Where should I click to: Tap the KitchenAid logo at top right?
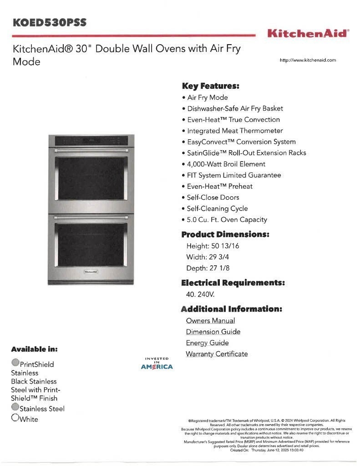pos(308,33)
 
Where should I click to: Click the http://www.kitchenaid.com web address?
pos(308,60)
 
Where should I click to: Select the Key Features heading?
pos(210,86)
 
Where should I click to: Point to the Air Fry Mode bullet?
pos(207,97)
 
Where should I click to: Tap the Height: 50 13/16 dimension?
pos(213,246)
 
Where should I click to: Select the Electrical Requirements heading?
pos(233,283)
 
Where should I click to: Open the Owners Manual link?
pos(210,320)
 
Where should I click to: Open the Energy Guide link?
pos(207,343)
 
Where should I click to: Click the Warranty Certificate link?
pos(217,354)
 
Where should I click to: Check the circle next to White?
pos(15,417)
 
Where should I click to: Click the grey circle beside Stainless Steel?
pos(15,407)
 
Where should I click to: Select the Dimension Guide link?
pos(213,332)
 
